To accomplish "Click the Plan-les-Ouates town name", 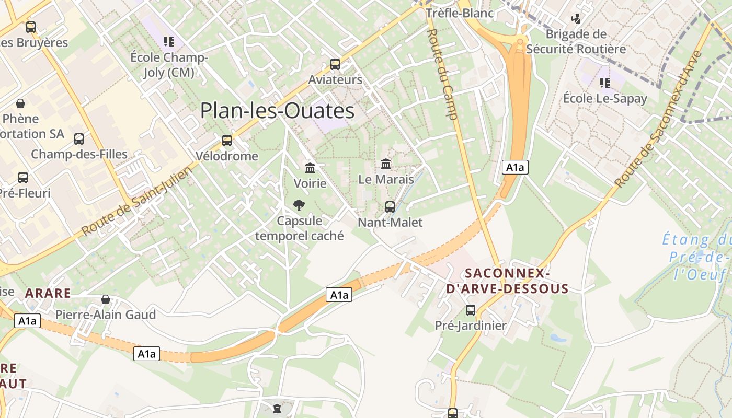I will click(277, 111).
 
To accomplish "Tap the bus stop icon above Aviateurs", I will click(335, 64).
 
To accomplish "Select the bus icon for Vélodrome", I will click(226, 140).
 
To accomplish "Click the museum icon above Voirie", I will click(310, 168).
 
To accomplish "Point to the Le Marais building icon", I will click(386, 164).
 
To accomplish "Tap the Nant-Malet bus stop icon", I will click(390, 206).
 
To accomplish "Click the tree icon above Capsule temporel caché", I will click(299, 205).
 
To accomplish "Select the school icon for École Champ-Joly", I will click(168, 41).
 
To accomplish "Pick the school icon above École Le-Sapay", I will click(605, 83).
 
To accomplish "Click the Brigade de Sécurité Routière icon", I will click(576, 19).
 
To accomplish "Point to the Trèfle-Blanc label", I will click(460, 13).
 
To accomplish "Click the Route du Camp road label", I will click(442, 74).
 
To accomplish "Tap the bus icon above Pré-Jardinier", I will click(471, 310).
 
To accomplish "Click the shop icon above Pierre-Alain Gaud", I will click(106, 299).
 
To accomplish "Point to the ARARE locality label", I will click(48, 293).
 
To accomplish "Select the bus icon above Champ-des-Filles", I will click(79, 138).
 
